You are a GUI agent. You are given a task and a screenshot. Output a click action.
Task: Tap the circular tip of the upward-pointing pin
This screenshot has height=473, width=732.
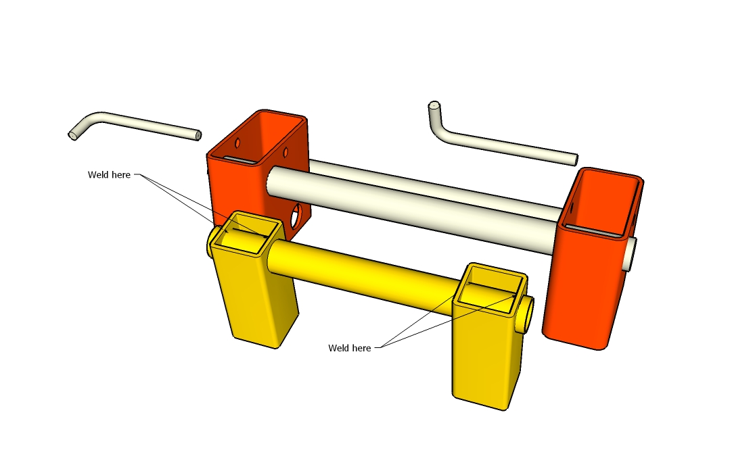434,105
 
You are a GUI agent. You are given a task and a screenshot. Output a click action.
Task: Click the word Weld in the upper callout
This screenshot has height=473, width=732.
97,175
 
